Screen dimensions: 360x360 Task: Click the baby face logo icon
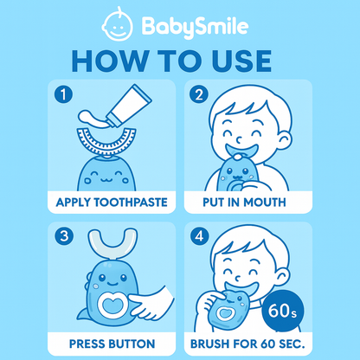pos(118,24)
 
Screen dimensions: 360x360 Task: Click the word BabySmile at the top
pos(195,27)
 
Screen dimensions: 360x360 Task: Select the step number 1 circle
pos(63,94)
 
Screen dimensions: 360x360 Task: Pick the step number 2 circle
pos(199,94)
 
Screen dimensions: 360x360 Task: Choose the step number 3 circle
pos(64,236)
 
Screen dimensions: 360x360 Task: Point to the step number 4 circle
pos(199,236)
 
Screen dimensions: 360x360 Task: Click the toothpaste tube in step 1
pos(128,106)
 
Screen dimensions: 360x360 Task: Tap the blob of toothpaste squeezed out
pos(93,119)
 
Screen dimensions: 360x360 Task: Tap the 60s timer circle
pos(283,311)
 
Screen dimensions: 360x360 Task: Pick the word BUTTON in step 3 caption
pos(132,344)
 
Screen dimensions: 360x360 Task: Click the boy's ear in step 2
pos(285,142)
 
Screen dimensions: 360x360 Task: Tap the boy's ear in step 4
pos(282,279)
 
